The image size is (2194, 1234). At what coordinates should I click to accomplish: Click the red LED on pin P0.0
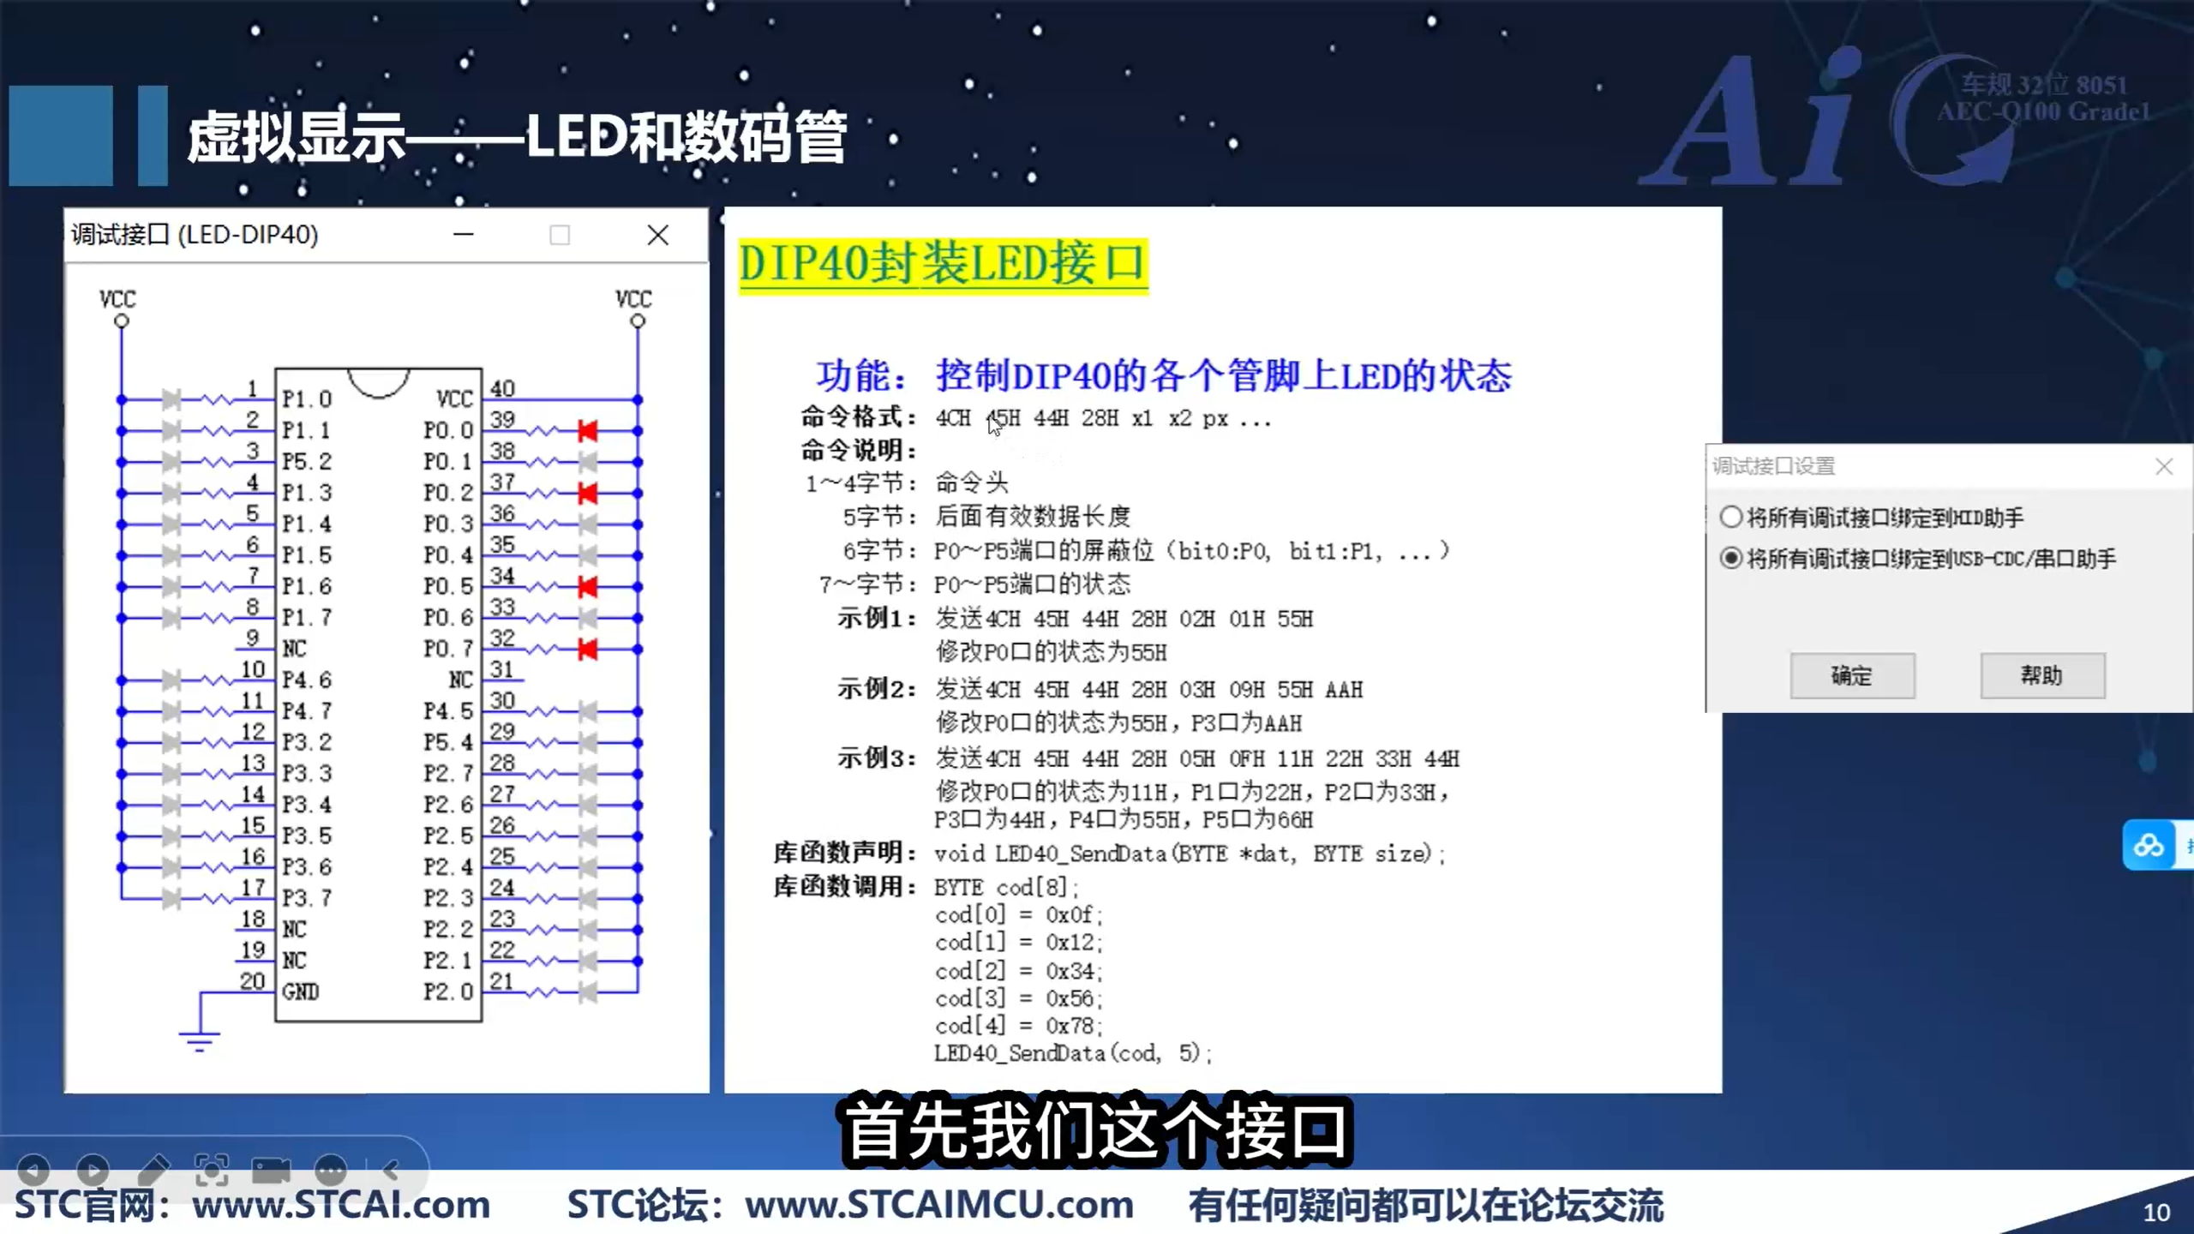(588, 430)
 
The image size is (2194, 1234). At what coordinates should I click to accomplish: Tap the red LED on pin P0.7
(588, 650)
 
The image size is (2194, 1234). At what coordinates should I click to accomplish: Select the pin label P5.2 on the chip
(307, 462)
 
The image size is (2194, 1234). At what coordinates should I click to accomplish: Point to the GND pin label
(301, 992)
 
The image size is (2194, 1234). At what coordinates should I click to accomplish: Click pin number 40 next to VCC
(502, 389)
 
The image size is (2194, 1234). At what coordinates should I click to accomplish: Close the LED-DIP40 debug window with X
(657, 235)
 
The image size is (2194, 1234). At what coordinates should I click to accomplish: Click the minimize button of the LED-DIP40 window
(464, 235)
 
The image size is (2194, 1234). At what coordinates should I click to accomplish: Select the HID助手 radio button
(1731, 517)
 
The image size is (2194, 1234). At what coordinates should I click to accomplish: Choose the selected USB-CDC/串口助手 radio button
(1731, 559)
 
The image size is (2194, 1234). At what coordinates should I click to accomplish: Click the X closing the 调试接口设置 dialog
(2164, 466)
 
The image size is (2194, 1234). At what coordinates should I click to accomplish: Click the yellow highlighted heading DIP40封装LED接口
(943, 265)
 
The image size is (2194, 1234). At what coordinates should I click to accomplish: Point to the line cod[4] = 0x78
(1018, 1026)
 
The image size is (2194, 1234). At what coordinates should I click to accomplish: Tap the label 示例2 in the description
(874, 689)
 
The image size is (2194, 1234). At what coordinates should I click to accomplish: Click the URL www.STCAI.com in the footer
(341, 1206)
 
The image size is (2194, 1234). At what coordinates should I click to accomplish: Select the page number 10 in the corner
(2155, 1213)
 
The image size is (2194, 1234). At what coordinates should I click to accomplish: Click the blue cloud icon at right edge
(2148, 846)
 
